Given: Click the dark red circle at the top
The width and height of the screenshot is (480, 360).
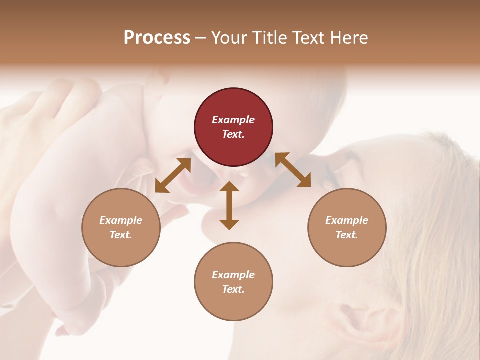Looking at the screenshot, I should tap(233, 127).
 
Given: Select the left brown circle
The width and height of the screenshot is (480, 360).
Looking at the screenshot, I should tap(121, 228).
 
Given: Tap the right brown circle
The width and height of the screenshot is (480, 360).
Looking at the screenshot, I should tap(347, 228).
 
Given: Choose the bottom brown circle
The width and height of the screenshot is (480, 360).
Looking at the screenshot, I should tap(233, 282).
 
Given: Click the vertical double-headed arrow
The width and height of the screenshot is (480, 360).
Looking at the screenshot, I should tap(229, 205).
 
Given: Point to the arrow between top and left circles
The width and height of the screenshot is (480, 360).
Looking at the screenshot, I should tap(173, 175).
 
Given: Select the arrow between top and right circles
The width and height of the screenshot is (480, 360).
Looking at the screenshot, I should tap(293, 170).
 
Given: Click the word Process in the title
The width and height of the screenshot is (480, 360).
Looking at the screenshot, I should tap(157, 37).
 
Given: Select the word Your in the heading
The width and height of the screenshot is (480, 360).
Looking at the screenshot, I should tap(229, 37).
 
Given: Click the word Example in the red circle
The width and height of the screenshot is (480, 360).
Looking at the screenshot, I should tap(233, 120).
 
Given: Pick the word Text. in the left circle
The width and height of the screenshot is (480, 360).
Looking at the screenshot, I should tap(121, 235).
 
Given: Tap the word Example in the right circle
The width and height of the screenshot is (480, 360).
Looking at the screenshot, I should tap(347, 220).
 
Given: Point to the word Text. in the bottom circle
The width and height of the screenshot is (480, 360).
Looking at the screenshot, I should tap(233, 289).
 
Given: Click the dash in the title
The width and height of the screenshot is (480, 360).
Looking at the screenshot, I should tap(201, 38).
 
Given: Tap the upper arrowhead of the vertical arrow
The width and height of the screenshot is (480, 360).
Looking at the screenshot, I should tap(229, 186).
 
